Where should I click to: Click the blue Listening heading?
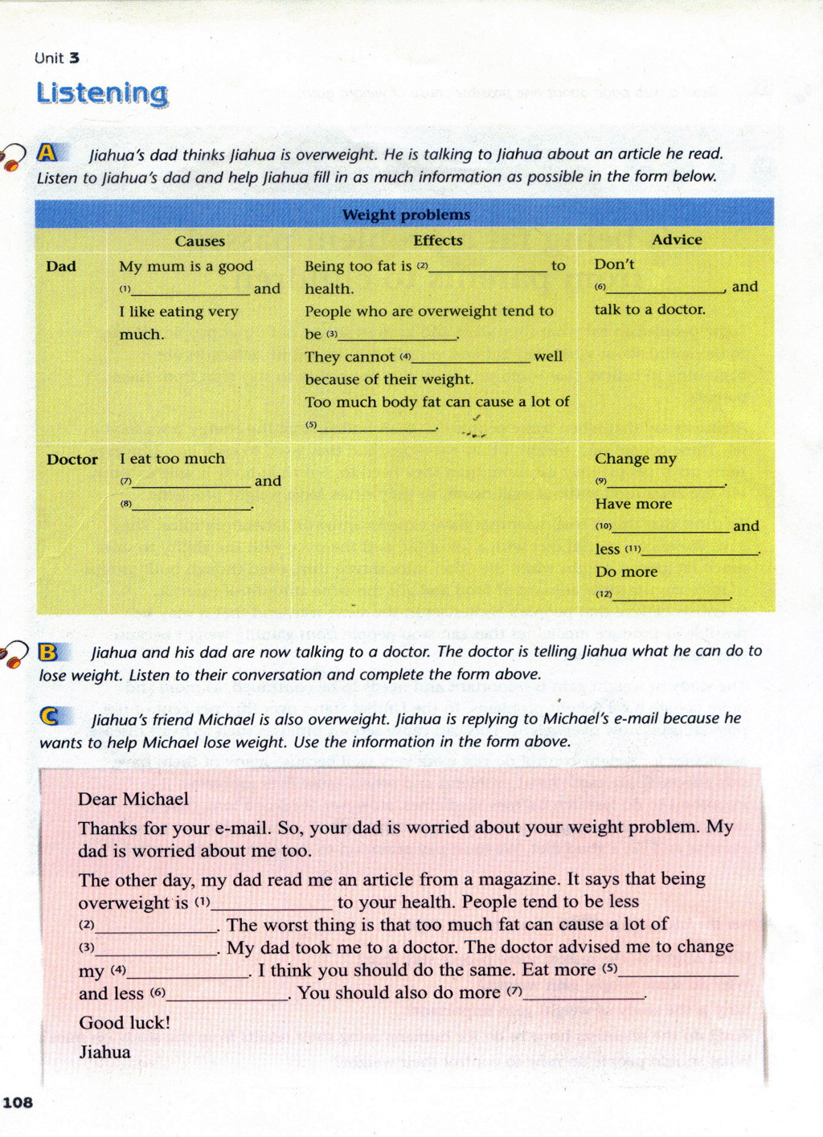coord(102,93)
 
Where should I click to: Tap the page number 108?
coord(18,1102)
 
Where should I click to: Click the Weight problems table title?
coord(406,215)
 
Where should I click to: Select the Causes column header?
coord(199,241)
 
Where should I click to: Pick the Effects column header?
coord(437,240)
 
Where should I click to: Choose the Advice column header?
coord(676,239)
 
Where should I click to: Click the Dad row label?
coord(61,266)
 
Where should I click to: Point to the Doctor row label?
coord(72,460)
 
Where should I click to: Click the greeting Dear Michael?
coord(133,799)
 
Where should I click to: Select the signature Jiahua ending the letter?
coord(104,1052)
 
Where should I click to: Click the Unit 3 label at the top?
coord(57,58)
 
